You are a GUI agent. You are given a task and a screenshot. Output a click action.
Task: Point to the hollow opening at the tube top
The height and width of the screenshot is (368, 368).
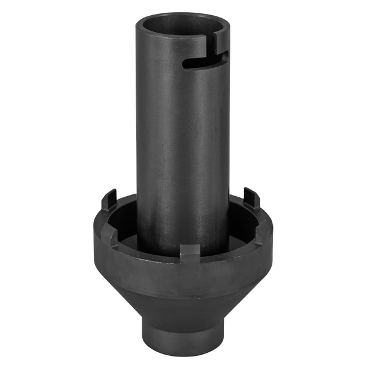point(182,24)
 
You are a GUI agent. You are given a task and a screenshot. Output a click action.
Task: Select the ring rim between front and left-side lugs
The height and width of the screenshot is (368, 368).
point(142,242)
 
